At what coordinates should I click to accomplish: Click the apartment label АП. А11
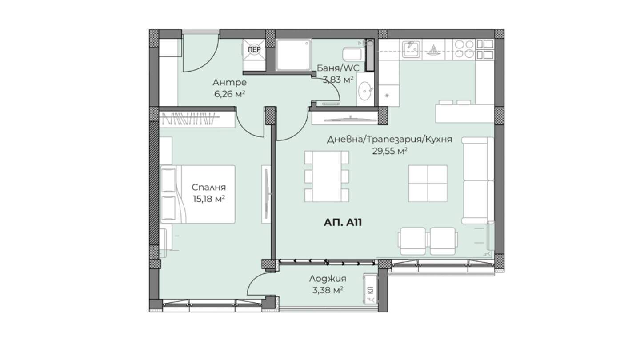click(x=343, y=222)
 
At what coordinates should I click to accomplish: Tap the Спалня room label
click(x=208, y=188)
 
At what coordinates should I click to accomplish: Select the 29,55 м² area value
click(x=389, y=151)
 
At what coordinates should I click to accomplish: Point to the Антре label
click(x=229, y=83)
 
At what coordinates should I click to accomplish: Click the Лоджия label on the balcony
click(x=328, y=279)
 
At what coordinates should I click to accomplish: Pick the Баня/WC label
click(x=338, y=68)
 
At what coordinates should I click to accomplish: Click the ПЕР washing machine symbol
click(x=254, y=50)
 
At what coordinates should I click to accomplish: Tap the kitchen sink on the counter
click(x=411, y=49)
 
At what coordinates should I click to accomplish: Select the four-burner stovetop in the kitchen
click(x=464, y=49)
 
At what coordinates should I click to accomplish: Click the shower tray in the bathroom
click(x=293, y=54)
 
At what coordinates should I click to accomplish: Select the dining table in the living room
click(x=327, y=176)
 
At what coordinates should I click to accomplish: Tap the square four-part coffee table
click(x=428, y=184)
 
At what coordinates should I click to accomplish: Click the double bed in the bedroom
click(x=198, y=194)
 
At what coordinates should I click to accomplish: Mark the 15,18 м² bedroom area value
click(x=208, y=199)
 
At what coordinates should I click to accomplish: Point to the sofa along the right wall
click(x=478, y=180)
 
